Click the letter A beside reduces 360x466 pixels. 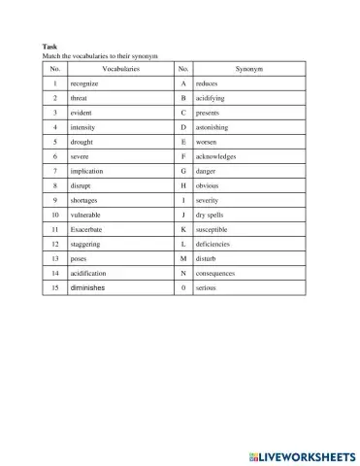pos(182,84)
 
